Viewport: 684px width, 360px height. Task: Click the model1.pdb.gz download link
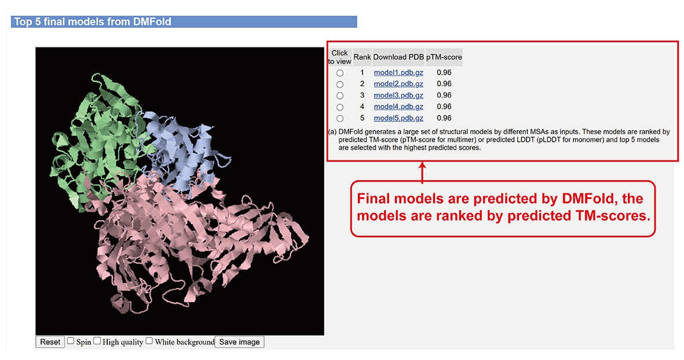pos(398,73)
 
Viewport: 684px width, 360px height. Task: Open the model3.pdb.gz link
pos(398,95)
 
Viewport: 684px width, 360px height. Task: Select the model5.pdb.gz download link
pos(398,118)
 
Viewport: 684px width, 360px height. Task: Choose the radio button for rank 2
pos(340,85)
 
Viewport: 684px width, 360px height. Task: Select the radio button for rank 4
pos(340,107)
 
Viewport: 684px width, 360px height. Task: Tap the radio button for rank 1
pos(340,74)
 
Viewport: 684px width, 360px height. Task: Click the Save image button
pos(240,342)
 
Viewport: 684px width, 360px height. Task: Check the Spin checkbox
pos(71,341)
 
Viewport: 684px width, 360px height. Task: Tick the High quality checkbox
pos(97,341)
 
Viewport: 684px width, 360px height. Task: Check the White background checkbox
pos(149,341)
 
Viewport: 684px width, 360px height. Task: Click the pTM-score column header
pos(444,57)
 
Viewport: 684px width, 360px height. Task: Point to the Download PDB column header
pos(398,57)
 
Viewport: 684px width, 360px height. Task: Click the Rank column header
pos(362,57)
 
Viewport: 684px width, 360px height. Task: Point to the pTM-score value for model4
pos(444,106)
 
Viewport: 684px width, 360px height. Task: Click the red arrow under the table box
pos(422,172)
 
